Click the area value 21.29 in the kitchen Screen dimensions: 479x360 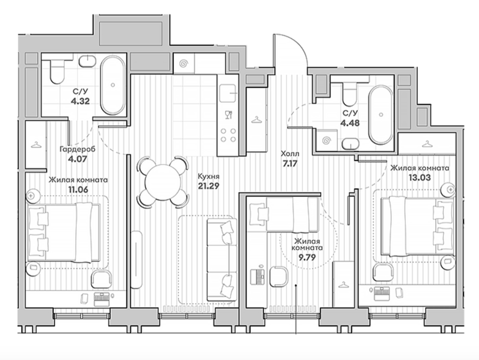(x=209, y=186)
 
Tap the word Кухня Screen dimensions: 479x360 (x=209, y=177)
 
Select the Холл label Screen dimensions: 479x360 (x=290, y=154)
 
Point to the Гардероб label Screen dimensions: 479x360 (x=78, y=150)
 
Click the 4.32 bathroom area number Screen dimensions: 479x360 (x=80, y=101)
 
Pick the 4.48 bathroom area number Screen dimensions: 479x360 (x=350, y=123)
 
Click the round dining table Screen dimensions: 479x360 (x=163, y=183)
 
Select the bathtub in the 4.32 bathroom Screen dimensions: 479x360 (x=113, y=85)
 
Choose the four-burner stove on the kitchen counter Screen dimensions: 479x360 (x=228, y=135)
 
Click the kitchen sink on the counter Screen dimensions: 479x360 (x=228, y=94)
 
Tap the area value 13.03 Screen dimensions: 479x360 (x=420, y=177)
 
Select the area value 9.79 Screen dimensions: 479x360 (x=307, y=257)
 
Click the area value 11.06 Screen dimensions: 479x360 (x=78, y=190)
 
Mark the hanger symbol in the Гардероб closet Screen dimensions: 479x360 (x=36, y=144)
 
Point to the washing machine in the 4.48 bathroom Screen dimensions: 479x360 (x=327, y=140)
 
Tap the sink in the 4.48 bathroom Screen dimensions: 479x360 (x=350, y=143)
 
